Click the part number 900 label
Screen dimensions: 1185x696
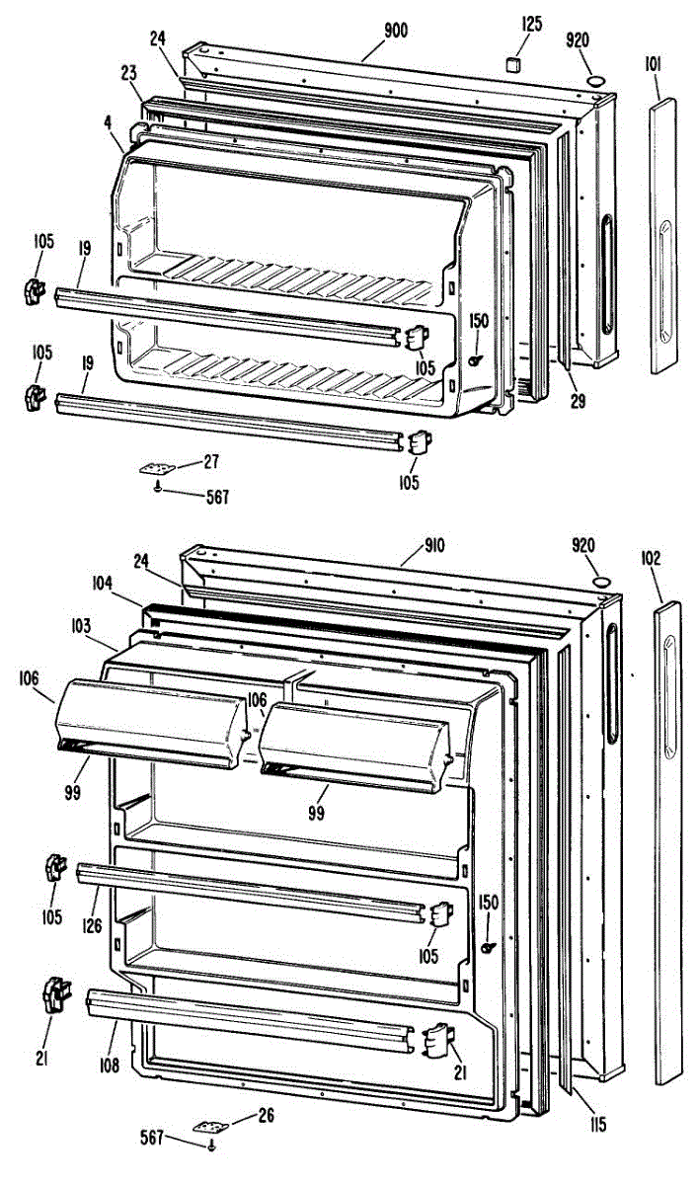coord(395,30)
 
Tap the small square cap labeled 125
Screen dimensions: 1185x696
coord(512,64)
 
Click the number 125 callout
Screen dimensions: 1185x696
coord(531,25)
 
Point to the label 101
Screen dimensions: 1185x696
coord(654,65)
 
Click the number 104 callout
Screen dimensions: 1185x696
coord(106,586)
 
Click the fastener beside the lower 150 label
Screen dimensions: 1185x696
coord(487,947)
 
